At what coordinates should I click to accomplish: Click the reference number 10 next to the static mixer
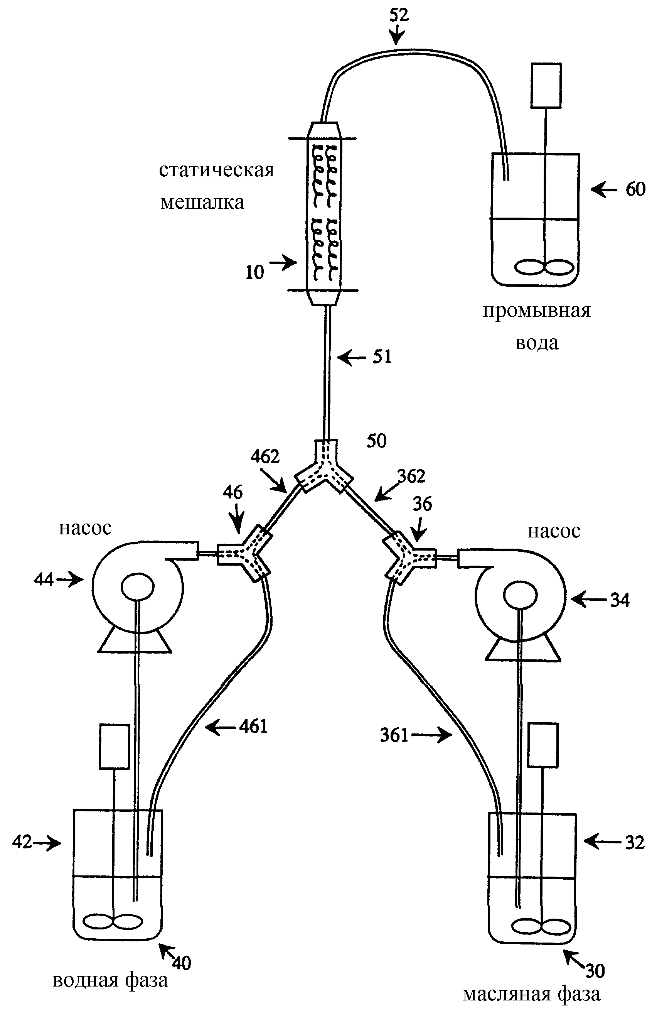(x=255, y=272)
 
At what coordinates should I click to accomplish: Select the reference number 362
(x=411, y=476)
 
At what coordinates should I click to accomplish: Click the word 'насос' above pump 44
(x=85, y=528)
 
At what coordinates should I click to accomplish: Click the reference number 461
(x=253, y=726)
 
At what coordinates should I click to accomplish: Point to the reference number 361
(x=394, y=735)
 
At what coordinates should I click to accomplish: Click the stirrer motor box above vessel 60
(x=546, y=85)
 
